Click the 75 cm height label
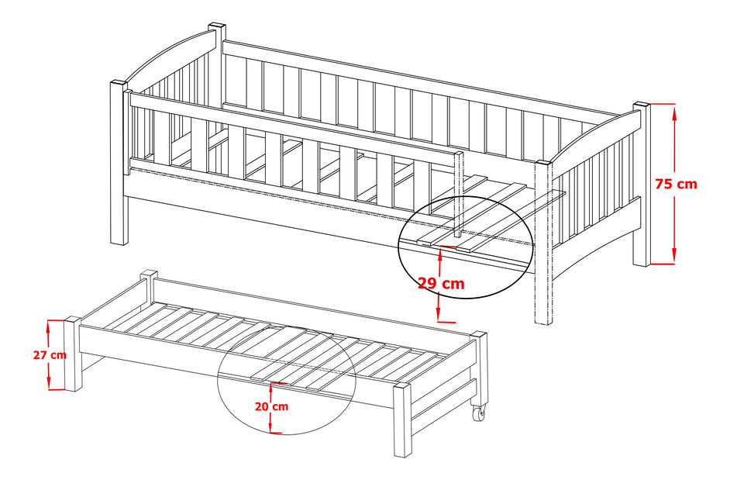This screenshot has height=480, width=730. [676, 184]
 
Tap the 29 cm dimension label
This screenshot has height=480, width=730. [441, 283]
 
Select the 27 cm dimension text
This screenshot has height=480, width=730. [50, 355]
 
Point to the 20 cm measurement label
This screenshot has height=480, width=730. [271, 406]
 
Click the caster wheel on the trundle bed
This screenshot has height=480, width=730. [480, 413]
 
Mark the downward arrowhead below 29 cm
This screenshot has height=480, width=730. [439, 316]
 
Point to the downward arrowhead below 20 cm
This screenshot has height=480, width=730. [270, 427]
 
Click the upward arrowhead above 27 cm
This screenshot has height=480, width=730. [48, 326]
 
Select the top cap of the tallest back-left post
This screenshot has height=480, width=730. [217, 26]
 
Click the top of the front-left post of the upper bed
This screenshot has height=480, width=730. [119, 84]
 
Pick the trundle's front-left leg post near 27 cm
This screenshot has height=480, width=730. [73, 354]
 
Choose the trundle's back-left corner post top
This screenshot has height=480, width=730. [149, 273]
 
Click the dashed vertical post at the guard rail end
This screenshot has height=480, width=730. [459, 195]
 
